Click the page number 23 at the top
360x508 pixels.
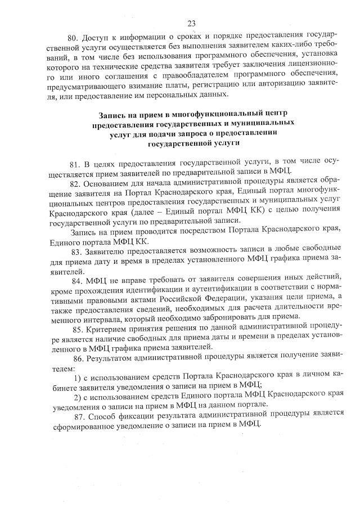[191, 23]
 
